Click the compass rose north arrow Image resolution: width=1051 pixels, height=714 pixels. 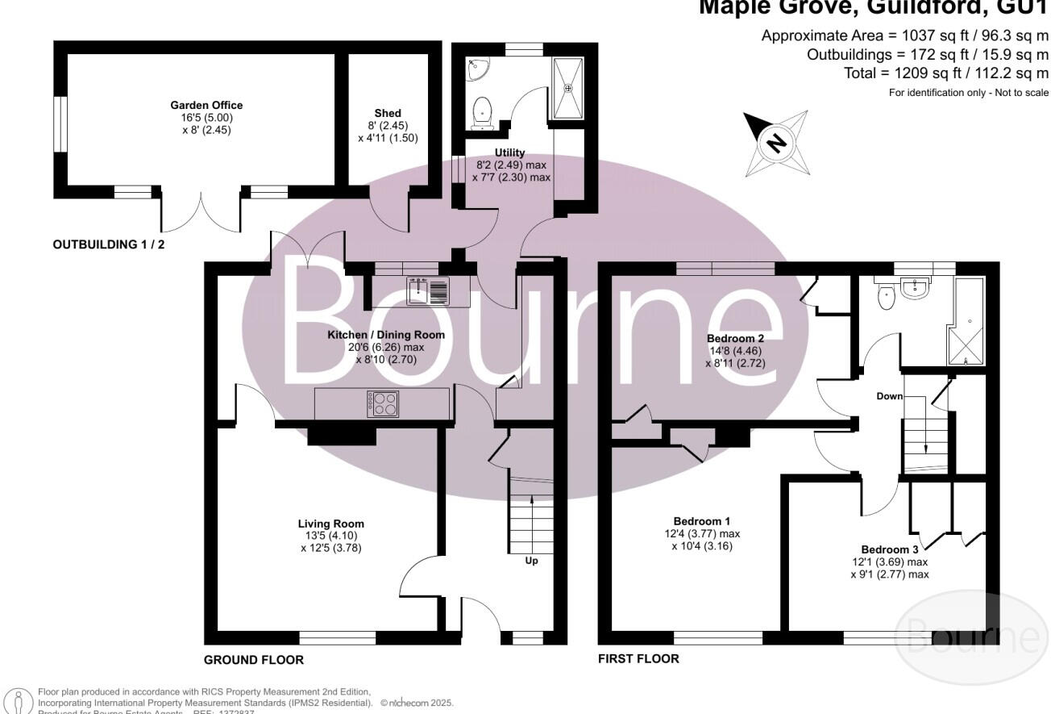click(x=775, y=144)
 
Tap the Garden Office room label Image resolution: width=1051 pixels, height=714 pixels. click(x=206, y=105)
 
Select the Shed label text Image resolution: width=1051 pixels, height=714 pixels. click(x=387, y=113)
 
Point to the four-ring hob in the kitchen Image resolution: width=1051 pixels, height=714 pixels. click(x=383, y=403)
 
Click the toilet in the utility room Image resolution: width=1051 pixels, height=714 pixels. click(x=483, y=112)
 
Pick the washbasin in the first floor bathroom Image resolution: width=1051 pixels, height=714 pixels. click(x=916, y=289)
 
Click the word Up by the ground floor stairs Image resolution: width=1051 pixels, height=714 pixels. click(x=531, y=560)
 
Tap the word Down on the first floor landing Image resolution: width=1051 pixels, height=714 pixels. click(x=890, y=397)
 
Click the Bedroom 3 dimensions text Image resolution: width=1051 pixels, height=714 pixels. click(x=889, y=569)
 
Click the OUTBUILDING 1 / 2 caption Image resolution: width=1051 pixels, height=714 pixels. click(x=108, y=244)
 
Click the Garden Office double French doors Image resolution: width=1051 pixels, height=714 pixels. click(x=201, y=211)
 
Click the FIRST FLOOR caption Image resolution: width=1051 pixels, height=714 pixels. click(x=638, y=658)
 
